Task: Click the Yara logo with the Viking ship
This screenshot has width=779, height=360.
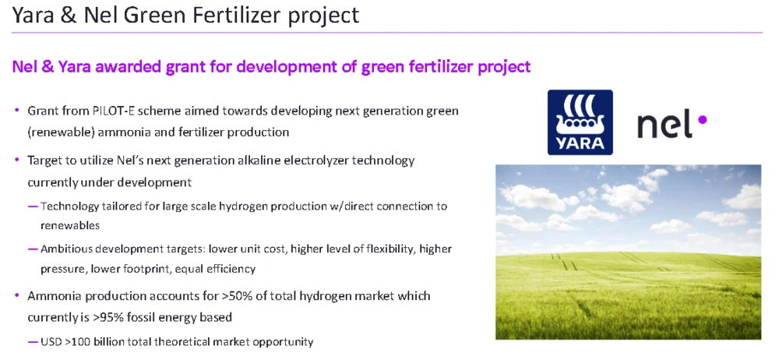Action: point(580,122)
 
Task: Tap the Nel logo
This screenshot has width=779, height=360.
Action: point(671,125)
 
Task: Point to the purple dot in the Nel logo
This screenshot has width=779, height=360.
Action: point(703,119)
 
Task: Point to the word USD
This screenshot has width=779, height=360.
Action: point(51,342)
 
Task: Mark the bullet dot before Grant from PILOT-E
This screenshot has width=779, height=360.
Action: point(17,111)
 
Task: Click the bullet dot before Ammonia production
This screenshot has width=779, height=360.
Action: point(17,296)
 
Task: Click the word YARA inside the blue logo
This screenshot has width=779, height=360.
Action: point(580,143)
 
